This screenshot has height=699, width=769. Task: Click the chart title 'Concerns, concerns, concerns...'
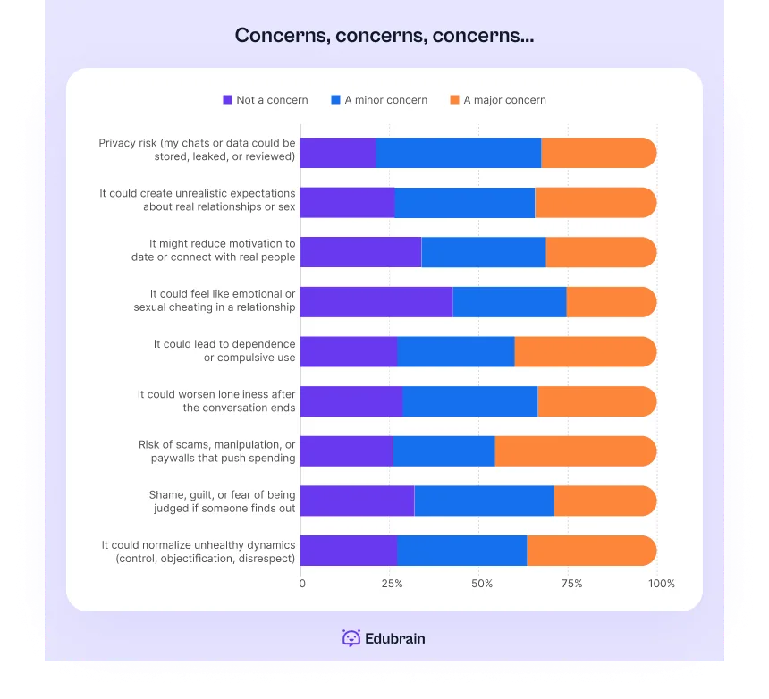pyautogui.click(x=384, y=36)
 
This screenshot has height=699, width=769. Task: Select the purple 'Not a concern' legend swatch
pyautogui.click(x=227, y=100)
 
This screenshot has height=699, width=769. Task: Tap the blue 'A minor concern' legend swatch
pyautogui.click(x=335, y=100)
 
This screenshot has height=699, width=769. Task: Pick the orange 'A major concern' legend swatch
pyautogui.click(x=454, y=100)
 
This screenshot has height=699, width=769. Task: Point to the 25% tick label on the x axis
pyautogui.click(x=391, y=584)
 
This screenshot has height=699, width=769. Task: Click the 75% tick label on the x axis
pyautogui.click(x=571, y=584)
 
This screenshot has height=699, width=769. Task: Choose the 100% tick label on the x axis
pyautogui.click(x=662, y=584)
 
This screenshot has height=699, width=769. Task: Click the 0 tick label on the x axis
pyautogui.click(x=302, y=584)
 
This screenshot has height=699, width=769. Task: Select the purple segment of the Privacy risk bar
pyautogui.click(x=338, y=153)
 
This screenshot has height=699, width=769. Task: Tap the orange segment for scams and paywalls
pyautogui.click(x=575, y=451)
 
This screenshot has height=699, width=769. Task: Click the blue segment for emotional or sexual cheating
pyautogui.click(x=510, y=302)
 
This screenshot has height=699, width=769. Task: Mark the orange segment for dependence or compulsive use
pyautogui.click(x=585, y=352)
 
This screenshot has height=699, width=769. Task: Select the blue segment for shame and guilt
pyautogui.click(x=484, y=501)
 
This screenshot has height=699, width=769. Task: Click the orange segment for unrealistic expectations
pyautogui.click(x=595, y=203)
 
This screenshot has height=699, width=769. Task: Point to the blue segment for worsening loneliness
pyautogui.click(x=469, y=401)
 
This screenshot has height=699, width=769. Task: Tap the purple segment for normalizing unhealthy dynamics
pyautogui.click(x=349, y=551)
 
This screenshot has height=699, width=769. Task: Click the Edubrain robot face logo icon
pyautogui.click(x=351, y=638)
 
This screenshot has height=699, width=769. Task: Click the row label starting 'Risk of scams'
pyautogui.click(x=217, y=451)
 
